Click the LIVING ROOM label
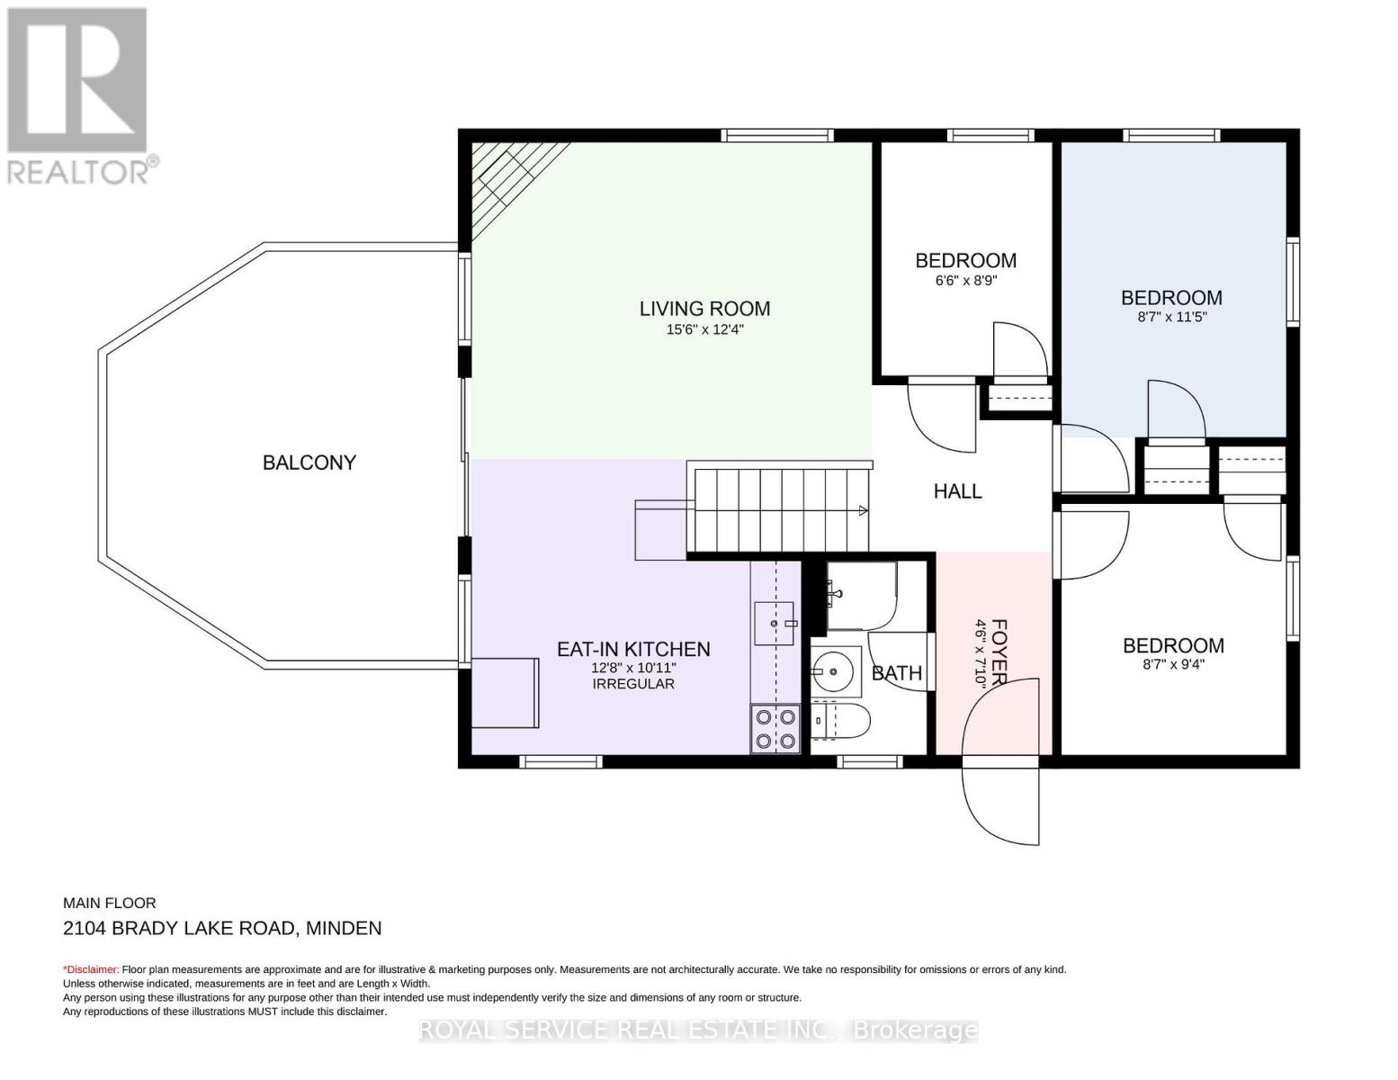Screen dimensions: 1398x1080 (704, 309)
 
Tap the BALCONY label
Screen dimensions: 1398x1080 (309, 462)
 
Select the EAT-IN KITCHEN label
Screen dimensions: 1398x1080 (633, 649)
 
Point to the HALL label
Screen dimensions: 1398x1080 (957, 491)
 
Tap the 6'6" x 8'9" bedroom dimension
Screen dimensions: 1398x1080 (965, 281)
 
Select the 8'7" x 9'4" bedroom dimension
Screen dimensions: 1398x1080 (1173, 663)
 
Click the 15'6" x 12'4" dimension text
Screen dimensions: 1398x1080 (704, 329)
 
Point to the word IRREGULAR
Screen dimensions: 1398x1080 (633, 683)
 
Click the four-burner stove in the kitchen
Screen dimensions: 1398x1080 (775, 729)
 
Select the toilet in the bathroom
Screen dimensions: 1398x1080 (839, 721)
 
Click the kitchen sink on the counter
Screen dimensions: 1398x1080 (775, 623)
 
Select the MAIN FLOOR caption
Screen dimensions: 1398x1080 (110, 903)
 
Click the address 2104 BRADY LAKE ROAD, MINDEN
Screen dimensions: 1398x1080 (222, 928)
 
